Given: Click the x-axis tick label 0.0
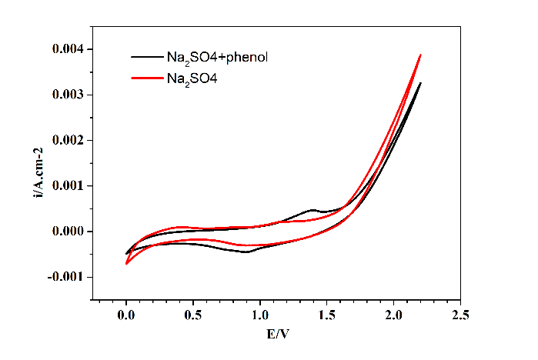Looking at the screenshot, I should [x=126, y=315].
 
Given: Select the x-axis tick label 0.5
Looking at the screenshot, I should [x=193, y=315].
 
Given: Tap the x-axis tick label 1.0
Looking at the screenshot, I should [x=260, y=315].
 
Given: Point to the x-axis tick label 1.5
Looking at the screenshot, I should [x=327, y=315].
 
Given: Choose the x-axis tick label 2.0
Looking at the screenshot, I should [x=394, y=315].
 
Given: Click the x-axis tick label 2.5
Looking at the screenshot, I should [x=461, y=315].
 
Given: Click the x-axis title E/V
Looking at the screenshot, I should [x=277, y=335].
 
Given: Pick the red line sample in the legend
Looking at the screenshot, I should [x=145, y=77].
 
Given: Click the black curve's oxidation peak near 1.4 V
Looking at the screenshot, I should [x=312, y=209].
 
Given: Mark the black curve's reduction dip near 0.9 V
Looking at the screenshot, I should [x=246, y=252].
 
